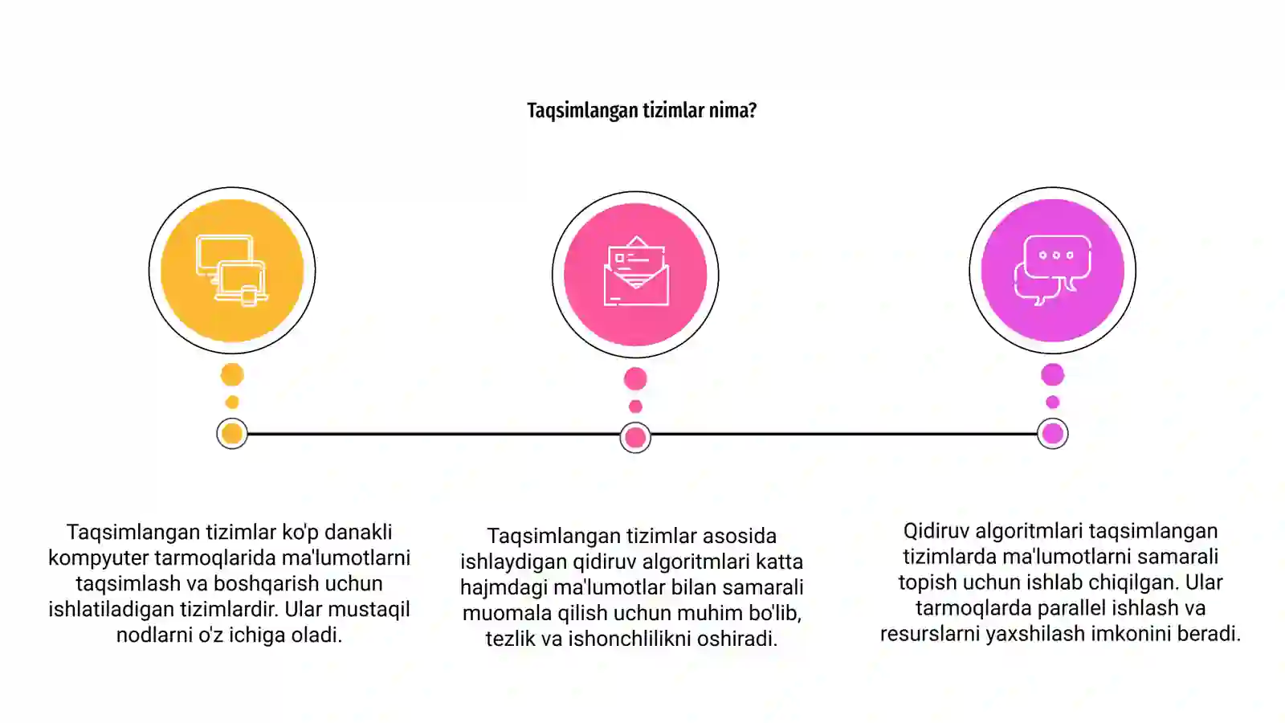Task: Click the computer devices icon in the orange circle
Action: coord(232,270)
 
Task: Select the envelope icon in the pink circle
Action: coord(635,271)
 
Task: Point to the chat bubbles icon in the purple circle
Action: coord(1053,270)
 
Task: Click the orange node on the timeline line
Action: coord(232,434)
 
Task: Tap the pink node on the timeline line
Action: coord(635,438)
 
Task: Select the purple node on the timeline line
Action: coord(1053,434)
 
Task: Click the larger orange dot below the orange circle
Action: coord(232,374)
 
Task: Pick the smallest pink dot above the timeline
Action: coord(635,406)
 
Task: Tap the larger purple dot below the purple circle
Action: coord(1053,374)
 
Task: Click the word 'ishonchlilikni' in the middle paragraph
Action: coord(630,639)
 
